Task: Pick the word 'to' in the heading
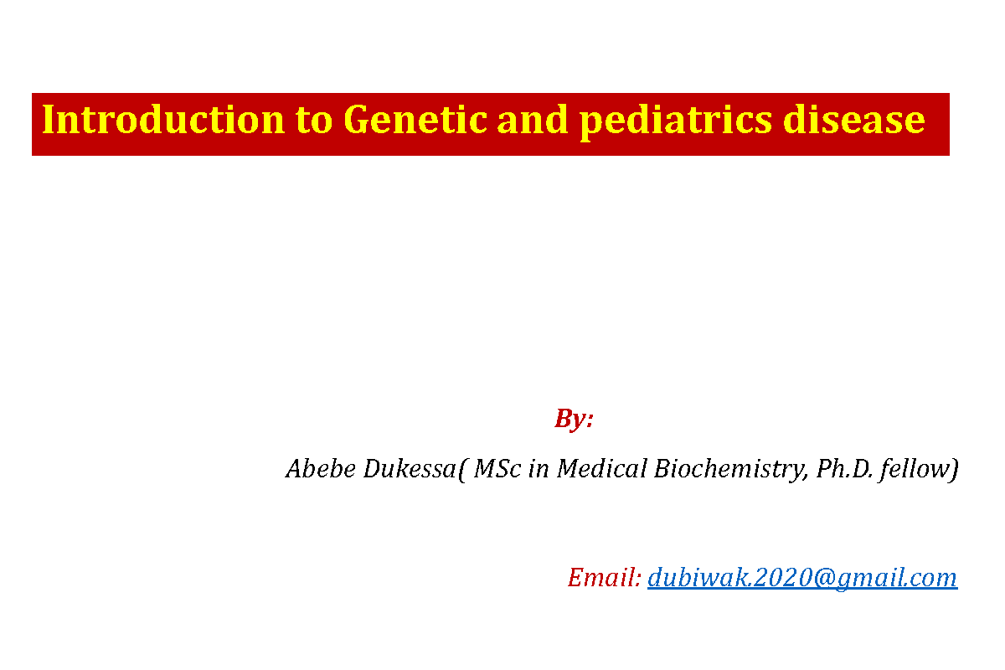click(x=314, y=121)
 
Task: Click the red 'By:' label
click(x=574, y=419)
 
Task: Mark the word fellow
click(x=916, y=469)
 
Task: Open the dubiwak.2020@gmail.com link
click(x=801, y=578)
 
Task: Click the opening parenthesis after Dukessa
click(x=463, y=470)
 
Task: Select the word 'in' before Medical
click(x=540, y=469)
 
